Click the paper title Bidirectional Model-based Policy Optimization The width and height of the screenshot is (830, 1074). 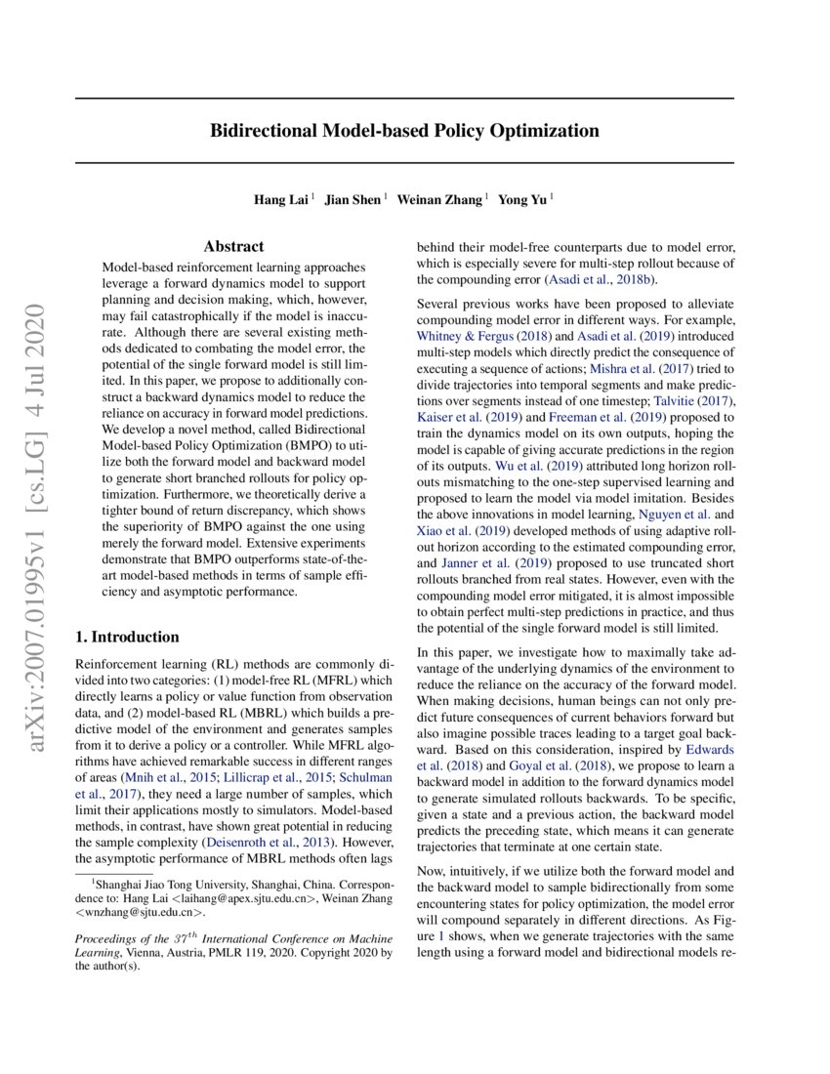pos(404,130)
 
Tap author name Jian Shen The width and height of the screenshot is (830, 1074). pos(353,200)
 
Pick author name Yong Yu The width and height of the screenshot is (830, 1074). pos(522,200)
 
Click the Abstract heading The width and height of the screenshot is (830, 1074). pos(233,247)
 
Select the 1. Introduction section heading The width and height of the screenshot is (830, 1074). pos(127,638)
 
